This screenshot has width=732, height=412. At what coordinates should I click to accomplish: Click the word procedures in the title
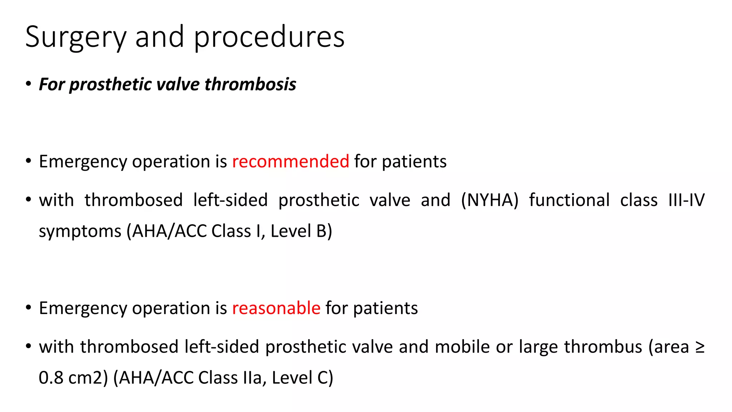(269, 38)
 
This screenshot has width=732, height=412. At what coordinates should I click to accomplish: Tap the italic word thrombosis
(250, 84)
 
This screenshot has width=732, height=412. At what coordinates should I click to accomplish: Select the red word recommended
(291, 161)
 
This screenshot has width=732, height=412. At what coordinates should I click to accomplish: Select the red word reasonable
(276, 308)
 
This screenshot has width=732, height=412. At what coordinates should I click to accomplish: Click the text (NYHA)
(489, 200)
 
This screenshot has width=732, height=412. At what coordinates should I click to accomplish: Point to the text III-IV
(686, 200)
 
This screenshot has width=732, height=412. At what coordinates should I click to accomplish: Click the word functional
(569, 200)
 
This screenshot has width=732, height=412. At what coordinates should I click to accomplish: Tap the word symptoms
(80, 231)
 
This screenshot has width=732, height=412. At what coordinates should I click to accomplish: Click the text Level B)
(301, 231)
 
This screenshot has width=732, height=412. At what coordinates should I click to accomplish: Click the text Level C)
(302, 378)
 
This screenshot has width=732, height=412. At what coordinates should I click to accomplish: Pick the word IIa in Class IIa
(252, 378)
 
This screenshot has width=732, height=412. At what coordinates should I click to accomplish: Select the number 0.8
(50, 378)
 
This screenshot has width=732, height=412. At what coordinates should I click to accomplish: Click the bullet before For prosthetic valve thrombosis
(28, 84)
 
